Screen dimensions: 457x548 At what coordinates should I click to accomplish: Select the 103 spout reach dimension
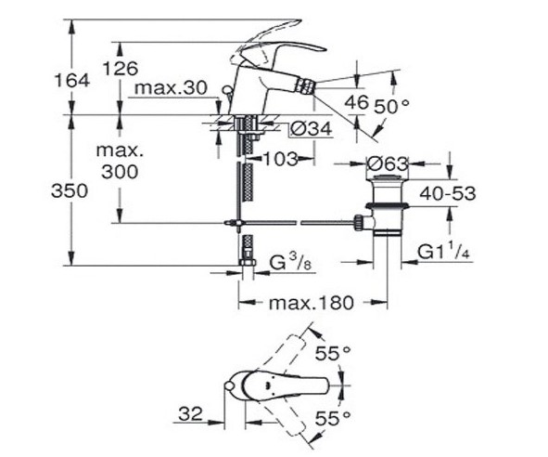[x=279, y=159]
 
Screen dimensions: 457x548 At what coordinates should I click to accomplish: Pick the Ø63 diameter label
[x=388, y=164]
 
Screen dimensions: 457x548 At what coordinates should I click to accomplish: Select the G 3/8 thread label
[x=287, y=266]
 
